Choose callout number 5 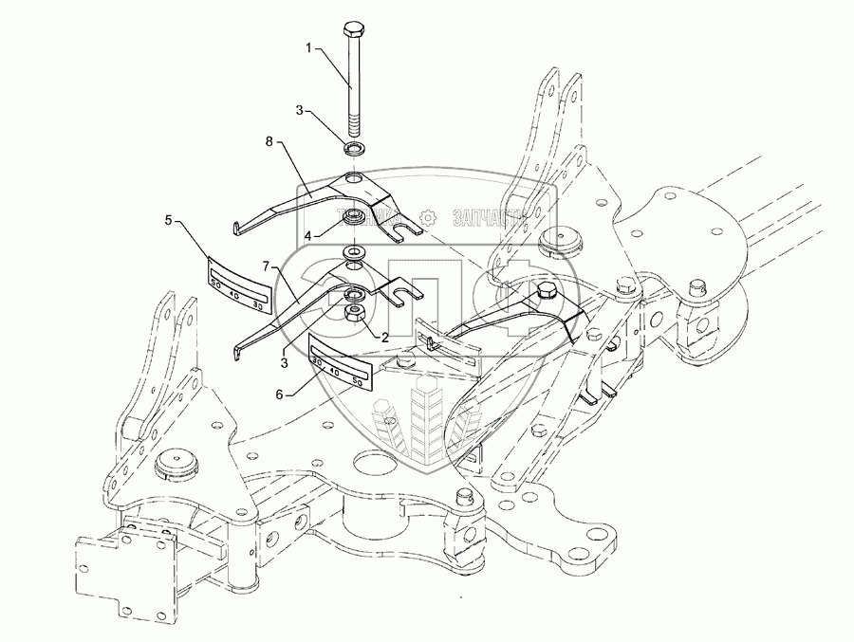pos(168,220)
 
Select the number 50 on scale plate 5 pos(216,282)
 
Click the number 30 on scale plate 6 pos(317,361)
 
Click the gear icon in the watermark pos(428,217)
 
